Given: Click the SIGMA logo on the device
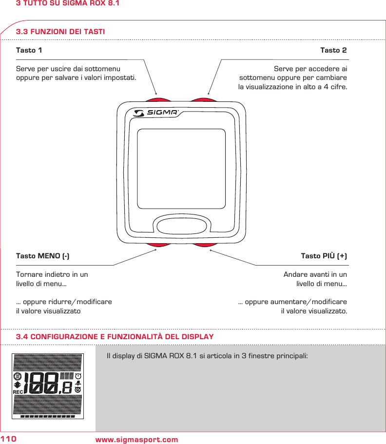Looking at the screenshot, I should tap(156, 113).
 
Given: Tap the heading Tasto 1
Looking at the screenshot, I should tap(29, 50).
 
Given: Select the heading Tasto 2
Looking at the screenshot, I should tap(333, 50).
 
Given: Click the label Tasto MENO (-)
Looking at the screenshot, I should tap(42, 256).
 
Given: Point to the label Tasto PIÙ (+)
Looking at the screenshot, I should tap(324, 256).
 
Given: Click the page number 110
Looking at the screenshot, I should tap(8, 440).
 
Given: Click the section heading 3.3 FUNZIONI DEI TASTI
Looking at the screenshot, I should tap(60, 32).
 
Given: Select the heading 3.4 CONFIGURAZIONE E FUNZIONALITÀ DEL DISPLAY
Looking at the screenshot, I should tap(115, 337).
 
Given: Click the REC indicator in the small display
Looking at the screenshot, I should tap(18, 391).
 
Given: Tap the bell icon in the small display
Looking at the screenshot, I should tap(78, 383).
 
